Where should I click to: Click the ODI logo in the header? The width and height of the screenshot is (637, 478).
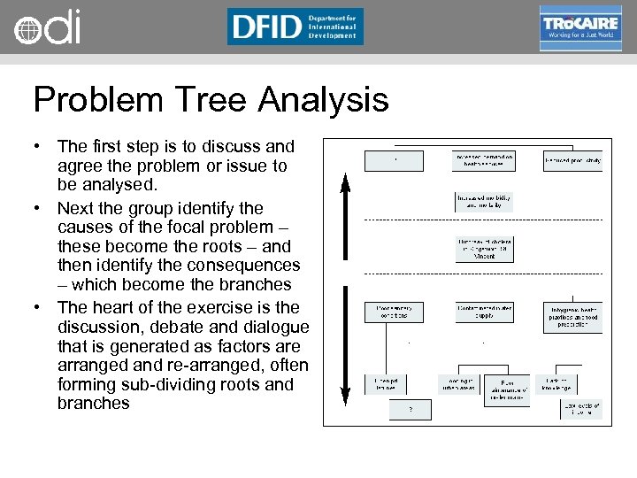click(48, 27)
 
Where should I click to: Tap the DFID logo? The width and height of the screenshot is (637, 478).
click(295, 27)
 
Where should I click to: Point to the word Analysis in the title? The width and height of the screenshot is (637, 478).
click(323, 99)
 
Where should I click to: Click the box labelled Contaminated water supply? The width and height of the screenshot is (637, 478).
click(484, 312)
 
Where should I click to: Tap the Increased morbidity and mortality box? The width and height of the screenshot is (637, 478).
click(484, 202)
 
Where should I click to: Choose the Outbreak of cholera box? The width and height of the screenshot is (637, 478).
click(484, 248)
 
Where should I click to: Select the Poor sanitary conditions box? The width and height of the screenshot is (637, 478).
click(394, 312)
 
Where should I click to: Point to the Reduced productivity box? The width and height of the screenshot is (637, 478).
click(573, 161)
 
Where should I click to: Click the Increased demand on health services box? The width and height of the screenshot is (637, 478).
click(484, 161)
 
